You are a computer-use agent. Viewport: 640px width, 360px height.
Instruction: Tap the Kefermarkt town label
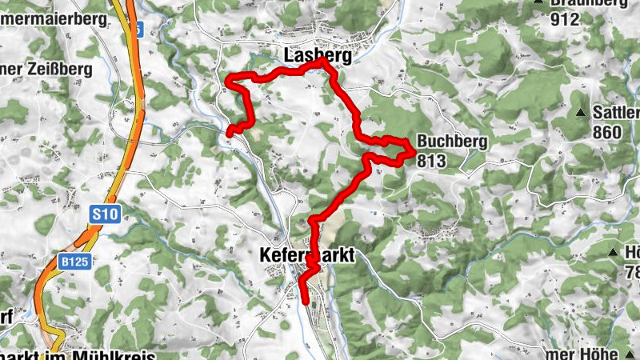point(306,255)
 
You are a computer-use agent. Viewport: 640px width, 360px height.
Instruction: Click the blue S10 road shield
point(105,214)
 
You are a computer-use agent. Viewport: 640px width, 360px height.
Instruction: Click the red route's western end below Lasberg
point(229,132)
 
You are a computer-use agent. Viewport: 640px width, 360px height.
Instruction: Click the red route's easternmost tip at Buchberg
point(414,150)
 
